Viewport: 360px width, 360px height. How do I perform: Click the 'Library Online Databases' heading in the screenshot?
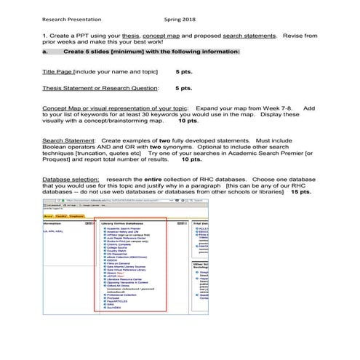click(123, 223)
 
